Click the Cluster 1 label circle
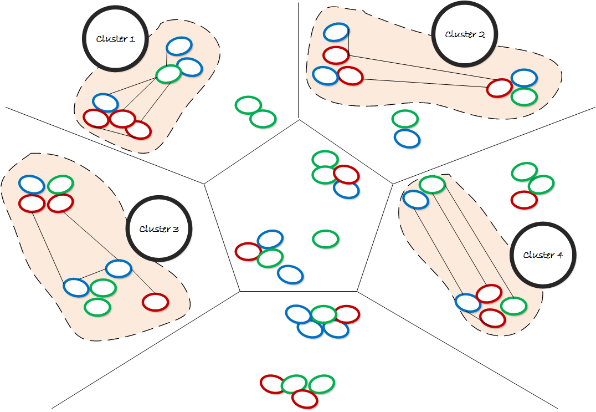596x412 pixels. [116, 38]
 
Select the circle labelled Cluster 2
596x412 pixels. [465, 34]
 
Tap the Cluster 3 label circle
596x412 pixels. [158, 228]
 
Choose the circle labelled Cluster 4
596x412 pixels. [542, 255]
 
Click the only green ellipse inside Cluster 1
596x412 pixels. [168, 74]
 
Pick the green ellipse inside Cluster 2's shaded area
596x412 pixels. [523, 96]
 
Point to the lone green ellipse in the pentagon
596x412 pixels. [326, 239]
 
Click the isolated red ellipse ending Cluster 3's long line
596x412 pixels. [155, 302]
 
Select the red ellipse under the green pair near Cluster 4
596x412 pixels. [523, 200]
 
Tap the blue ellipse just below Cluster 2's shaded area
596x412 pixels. [407, 138]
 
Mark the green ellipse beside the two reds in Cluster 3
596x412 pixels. [60, 184]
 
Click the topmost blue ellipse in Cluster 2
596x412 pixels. [336, 32]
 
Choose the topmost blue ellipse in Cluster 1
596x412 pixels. [179, 46]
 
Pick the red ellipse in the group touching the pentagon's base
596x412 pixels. [347, 314]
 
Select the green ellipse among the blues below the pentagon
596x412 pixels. [323, 314]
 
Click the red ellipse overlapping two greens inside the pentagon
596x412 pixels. [346, 175]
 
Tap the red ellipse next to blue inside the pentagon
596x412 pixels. [248, 251]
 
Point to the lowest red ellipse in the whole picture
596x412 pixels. [304, 398]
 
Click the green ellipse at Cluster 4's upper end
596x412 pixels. [432, 184]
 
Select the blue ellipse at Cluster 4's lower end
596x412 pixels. [467, 303]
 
